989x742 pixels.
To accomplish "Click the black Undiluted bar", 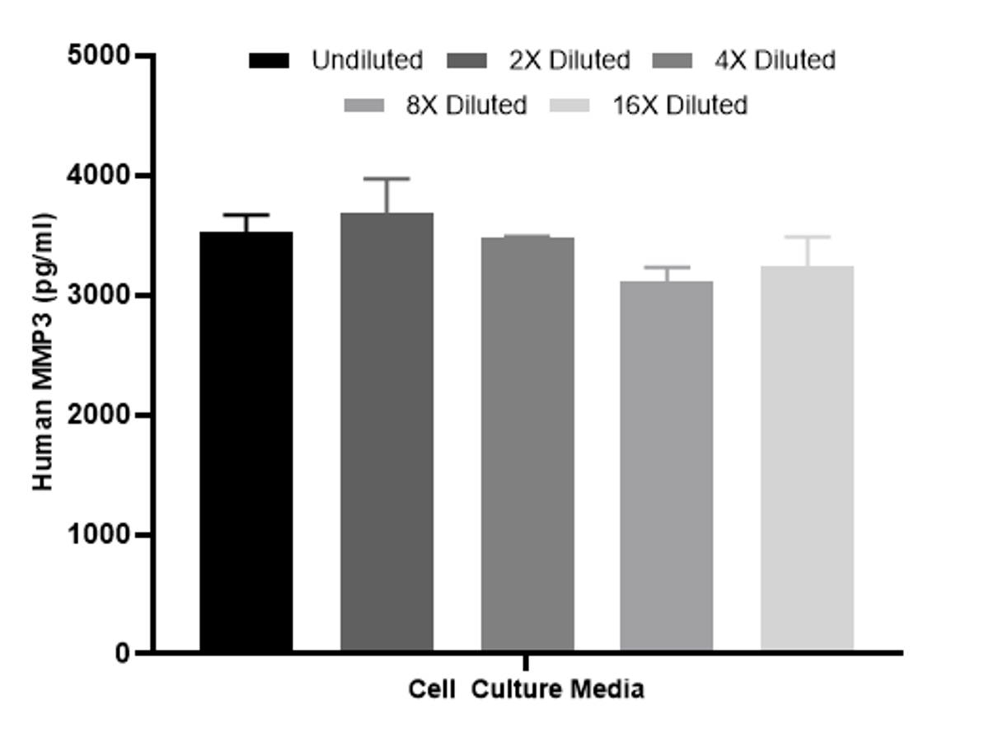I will tap(246, 442).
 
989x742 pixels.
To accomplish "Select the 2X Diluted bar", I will tap(387, 432).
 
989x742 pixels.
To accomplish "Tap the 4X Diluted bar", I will tap(527, 444).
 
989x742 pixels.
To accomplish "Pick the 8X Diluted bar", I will tap(667, 466).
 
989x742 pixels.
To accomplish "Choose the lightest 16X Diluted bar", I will tap(807, 458).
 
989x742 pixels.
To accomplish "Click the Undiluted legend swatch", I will tap(269, 61).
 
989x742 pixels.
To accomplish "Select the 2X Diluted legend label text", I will tap(569, 61).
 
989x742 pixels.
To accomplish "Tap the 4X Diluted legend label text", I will tap(774, 61).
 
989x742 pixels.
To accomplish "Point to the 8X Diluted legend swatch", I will tap(365, 106).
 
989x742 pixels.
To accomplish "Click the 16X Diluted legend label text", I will tap(680, 106).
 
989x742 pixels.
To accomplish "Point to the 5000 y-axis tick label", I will tap(99, 56).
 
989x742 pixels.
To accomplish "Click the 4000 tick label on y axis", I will tap(99, 176).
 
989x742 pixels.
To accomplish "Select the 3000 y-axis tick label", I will tap(99, 295).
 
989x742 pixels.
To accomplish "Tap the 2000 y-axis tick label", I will tap(99, 415).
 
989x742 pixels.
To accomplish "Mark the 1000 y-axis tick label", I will tap(99, 534).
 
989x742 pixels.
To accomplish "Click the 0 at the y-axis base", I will tap(122, 653).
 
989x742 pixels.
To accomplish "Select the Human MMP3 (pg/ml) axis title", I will tap(44, 352).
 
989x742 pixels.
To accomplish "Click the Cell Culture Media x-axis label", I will tap(526, 689).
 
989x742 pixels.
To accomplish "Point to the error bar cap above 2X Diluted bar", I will tap(387, 178).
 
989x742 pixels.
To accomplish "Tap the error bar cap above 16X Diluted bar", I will tap(807, 237).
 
